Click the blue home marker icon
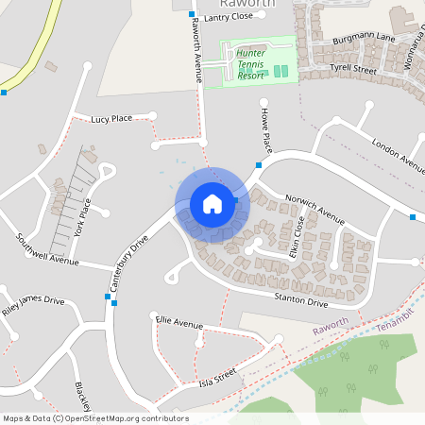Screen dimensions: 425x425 (212, 204)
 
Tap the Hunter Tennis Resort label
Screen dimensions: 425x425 (251, 64)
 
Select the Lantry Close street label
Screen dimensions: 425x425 (229, 17)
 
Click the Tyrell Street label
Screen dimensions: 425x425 (353, 70)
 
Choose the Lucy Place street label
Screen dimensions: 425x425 (111, 120)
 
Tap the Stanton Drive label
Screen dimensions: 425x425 (300, 301)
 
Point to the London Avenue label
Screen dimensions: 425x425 (399, 153)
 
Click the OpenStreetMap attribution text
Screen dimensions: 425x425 (94, 418)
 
